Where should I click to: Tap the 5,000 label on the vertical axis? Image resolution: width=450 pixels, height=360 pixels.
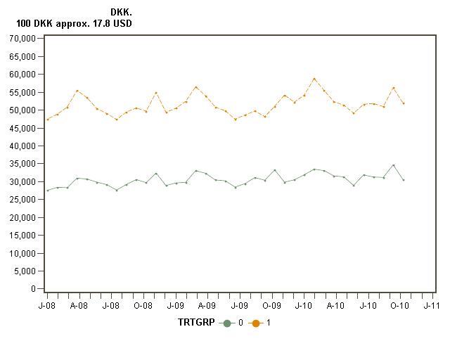(x=27, y=271)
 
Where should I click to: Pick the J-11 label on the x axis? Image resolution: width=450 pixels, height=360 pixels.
(x=431, y=306)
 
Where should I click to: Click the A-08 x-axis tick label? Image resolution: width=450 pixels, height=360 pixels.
(x=79, y=306)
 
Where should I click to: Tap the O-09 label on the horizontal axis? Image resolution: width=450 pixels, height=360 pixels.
(x=271, y=306)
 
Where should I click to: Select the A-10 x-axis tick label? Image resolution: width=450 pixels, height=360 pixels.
(x=335, y=306)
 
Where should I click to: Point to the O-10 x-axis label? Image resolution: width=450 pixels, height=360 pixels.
(x=399, y=306)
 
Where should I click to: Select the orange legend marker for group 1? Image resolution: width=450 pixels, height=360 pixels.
(x=257, y=323)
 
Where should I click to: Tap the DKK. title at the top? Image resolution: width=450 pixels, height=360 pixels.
(x=122, y=13)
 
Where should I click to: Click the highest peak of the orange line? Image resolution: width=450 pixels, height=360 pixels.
(x=314, y=79)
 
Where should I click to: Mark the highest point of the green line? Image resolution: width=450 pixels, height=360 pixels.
(x=393, y=165)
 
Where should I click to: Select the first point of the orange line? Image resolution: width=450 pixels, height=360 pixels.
(x=47, y=120)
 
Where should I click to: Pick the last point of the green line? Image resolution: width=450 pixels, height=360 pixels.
(x=403, y=180)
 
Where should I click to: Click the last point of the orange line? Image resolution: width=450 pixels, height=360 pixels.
(x=403, y=103)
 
